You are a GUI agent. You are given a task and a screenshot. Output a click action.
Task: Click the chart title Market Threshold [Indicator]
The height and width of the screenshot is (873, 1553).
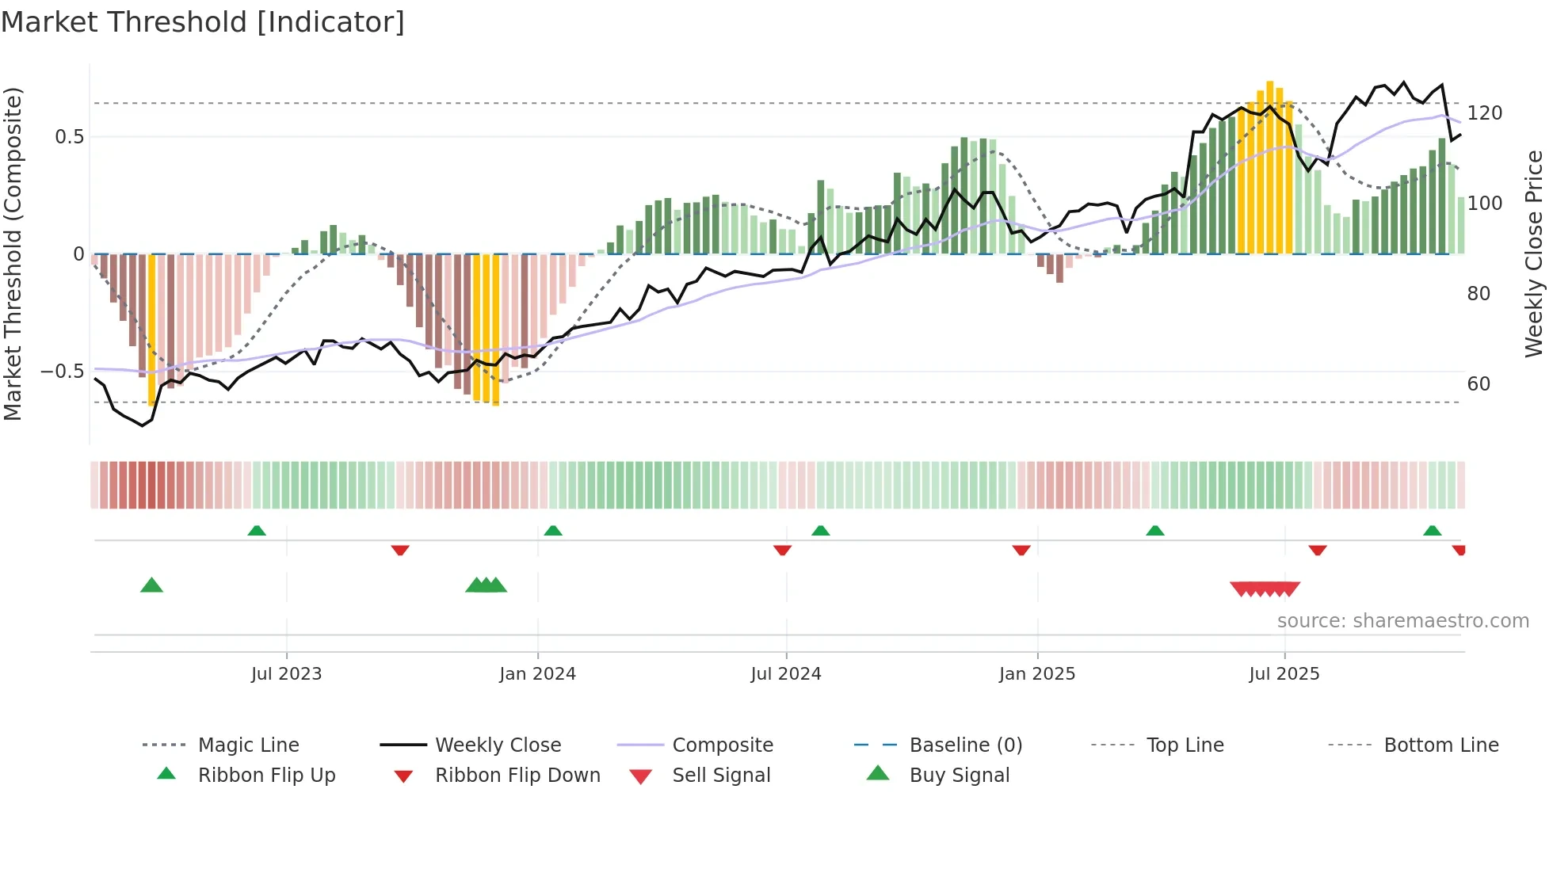[x=203, y=22]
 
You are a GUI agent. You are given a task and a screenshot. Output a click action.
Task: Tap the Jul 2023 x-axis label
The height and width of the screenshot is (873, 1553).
[x=286, y=674]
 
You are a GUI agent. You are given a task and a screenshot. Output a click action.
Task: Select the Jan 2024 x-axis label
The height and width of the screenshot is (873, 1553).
[x=537, y=674]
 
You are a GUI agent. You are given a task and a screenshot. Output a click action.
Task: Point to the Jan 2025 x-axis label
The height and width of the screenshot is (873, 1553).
[x=1036, y=674]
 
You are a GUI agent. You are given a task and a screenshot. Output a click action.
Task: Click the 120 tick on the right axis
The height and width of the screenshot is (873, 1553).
[x=1484, y=113]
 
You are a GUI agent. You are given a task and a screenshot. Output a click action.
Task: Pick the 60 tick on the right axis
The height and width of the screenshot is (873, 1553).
[x=1479, y=384]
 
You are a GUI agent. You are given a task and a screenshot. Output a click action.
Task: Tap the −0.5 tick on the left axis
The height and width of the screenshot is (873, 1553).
[x=63, y=372]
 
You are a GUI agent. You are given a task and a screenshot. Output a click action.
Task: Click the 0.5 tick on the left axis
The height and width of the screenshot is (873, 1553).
[x=69, y=137]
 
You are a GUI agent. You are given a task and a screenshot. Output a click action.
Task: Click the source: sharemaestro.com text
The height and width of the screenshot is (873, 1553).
[x=1402, y=621]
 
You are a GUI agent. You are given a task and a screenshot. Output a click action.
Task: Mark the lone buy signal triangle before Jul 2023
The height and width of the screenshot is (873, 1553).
[x=151, y=585]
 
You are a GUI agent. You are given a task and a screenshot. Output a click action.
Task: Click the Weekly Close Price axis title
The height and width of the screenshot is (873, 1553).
[x=1534, y=254]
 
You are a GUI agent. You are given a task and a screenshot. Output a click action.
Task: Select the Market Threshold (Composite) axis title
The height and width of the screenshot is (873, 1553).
[x=13, y=254]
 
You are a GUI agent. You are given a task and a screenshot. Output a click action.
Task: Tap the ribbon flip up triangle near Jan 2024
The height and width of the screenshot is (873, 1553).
[x=553, y=531]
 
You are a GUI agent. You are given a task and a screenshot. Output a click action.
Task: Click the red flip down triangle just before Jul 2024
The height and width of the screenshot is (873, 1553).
[x=782, y=550]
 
